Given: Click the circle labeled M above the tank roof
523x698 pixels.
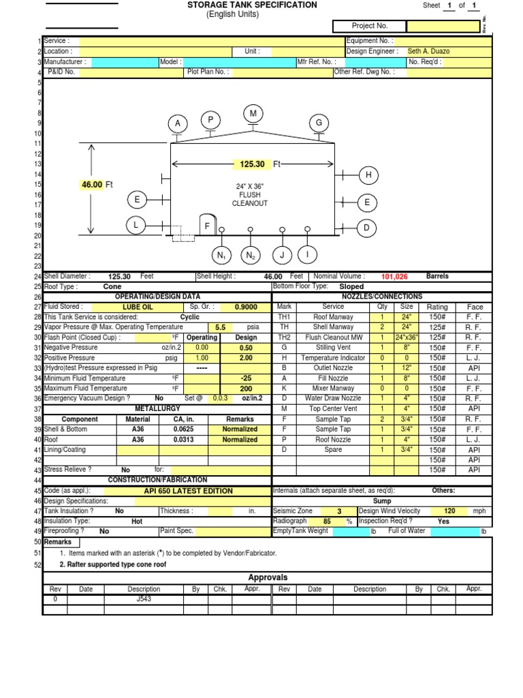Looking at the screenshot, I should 253,114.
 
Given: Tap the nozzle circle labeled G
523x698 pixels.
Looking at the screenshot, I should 318,123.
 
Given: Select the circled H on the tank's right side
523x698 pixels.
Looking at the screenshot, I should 368,175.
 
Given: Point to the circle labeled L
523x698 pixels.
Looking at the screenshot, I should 136,225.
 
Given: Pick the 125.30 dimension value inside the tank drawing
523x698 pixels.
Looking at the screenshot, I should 251,164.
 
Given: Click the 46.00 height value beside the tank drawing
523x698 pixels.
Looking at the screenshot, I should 92,185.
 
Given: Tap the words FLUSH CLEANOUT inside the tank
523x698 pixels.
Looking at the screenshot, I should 250,199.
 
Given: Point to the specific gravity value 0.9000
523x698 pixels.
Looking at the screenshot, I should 246,307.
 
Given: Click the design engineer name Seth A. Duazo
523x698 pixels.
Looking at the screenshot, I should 428,51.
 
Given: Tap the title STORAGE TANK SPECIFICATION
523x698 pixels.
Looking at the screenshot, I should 252,5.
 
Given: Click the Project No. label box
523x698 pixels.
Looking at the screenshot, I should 369,26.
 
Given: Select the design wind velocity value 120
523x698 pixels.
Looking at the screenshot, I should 449,511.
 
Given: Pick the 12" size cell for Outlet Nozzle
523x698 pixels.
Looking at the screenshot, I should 407,368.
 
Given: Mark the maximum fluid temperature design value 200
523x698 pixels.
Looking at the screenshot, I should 246,389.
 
